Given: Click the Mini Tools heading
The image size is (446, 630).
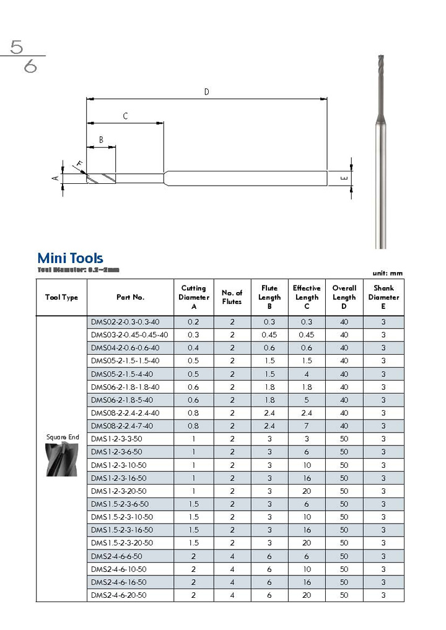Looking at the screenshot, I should click(x=70, y=258).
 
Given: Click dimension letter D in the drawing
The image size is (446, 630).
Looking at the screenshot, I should click(x=207, y=92).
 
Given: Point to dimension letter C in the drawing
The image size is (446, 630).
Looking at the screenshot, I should click(x=125, y=116).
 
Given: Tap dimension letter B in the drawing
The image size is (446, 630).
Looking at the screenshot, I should click(x=101, y=140).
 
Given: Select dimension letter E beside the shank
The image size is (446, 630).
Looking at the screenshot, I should click(x=344, y=179).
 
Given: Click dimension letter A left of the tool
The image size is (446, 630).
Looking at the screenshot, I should click(x=55, y=178).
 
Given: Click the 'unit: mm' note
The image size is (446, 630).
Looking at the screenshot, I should click(x=388, y=273).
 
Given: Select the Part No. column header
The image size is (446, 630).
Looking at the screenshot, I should click(x=130, y=297).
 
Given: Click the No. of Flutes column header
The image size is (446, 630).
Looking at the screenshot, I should click(x=232, y=297).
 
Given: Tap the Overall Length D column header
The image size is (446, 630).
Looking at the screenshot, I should click(x=344, y=297).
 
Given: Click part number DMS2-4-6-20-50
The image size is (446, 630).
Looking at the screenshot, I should click(x=118, y=595).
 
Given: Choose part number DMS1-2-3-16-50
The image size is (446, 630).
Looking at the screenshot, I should click(x=118, y=478).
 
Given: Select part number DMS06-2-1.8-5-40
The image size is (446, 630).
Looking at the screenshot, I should click(x=121, y=400).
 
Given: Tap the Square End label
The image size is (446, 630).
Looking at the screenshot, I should click(x=63, y=437).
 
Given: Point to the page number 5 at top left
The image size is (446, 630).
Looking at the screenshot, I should click(x=17, y=47).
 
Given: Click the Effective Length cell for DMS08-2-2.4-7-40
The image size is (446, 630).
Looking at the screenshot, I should click(x=306, y=426).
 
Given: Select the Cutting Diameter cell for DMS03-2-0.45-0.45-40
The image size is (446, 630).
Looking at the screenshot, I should click(x=193, y=335).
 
